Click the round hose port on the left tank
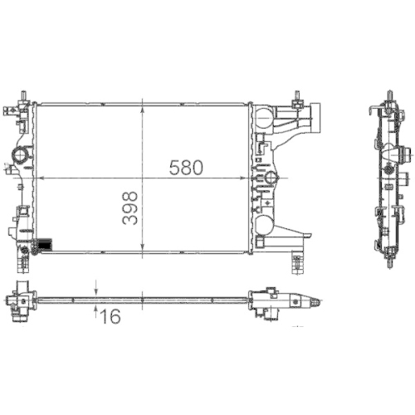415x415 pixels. (19, 155)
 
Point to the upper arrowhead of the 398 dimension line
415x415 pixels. (145, 107)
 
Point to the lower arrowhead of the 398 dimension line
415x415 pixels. (145, 249)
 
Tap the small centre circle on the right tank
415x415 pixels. (270, 178)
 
